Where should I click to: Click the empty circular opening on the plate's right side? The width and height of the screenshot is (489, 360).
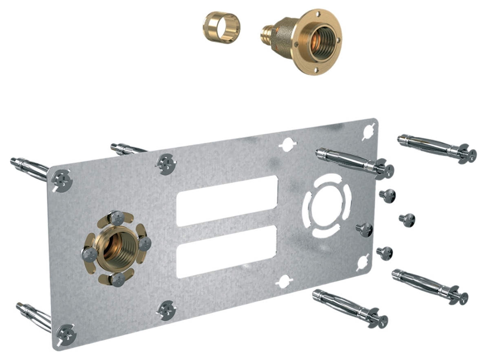[326, 206]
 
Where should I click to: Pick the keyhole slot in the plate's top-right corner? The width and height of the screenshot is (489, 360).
[368, 131]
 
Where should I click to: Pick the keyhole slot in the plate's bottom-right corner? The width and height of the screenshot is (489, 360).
[363, 263]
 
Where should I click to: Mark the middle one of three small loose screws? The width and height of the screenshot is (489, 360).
[407, 220]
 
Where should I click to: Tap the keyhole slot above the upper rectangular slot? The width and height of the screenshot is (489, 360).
[287, 143]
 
